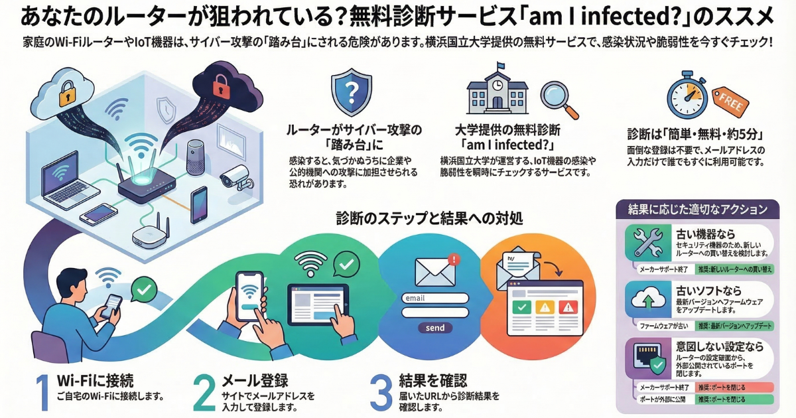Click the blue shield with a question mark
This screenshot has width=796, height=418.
tap(351, 92)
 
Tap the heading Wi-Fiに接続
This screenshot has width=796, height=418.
tap(96, 381)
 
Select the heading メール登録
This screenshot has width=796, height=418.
tap(254, 381)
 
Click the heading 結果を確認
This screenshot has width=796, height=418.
tap(433, 380)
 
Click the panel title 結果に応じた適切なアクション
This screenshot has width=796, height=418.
tap(697, 209)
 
